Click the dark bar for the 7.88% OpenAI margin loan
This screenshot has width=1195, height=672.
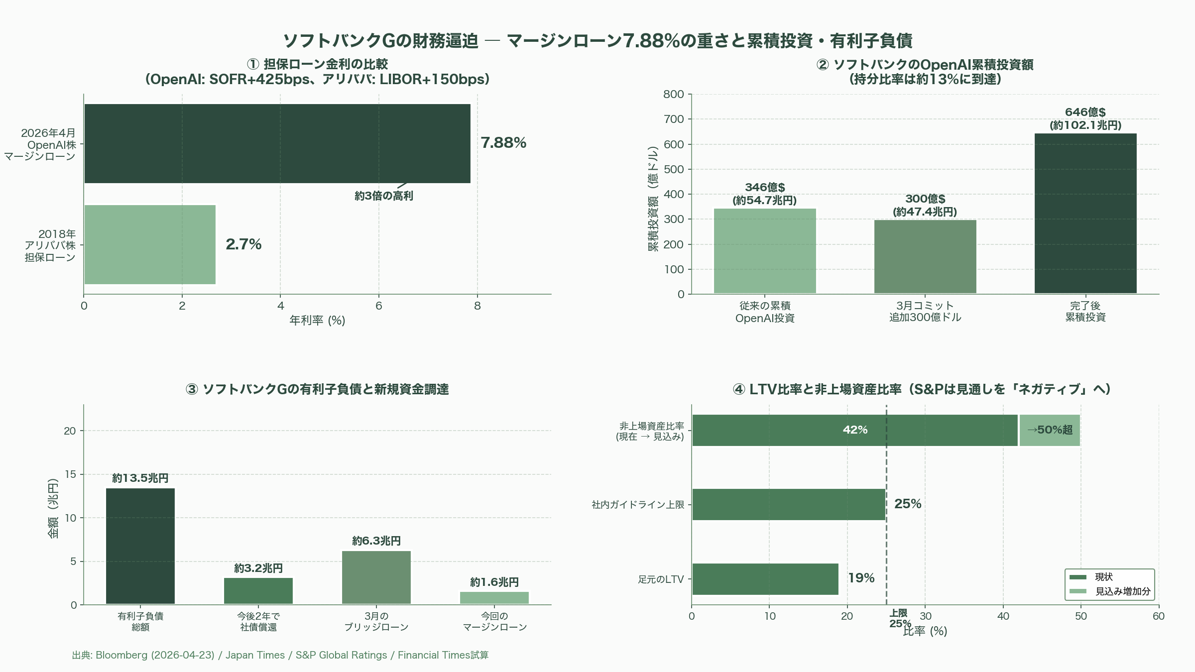(x=277, y=143)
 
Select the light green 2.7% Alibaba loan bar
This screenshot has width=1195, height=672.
(x=150, y=244)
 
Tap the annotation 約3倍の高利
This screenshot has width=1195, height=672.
(x=383, y=196)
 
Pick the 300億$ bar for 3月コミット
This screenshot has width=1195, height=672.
(x=925, y=256)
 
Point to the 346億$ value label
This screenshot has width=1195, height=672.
(x=765, y=187)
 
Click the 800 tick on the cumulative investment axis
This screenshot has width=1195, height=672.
(x=674, y=94)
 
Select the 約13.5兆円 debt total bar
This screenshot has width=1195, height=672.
(x=140, y=546)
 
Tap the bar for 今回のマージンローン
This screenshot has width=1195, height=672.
(x=494, y=598)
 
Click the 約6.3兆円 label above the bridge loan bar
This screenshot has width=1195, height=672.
(x=376, y=541)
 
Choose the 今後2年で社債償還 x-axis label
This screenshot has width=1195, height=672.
(x=258, y=622)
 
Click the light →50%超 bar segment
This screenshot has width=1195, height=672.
(x=1050, y=430)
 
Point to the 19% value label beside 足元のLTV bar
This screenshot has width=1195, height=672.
(x=861, y=578)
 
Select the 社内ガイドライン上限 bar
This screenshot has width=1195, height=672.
(x=789, y=504)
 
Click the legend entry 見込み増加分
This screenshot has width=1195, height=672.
(x=1122, y=591)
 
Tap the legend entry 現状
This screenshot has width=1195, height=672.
(x=1103, y=577)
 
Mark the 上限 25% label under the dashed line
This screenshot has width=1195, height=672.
(x=899, y=618)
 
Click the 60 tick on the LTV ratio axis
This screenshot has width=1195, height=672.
(x=1158, y=616)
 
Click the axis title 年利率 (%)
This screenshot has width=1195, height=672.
(x=317, y=320)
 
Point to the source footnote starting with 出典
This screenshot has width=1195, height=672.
(x=280, y=655)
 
